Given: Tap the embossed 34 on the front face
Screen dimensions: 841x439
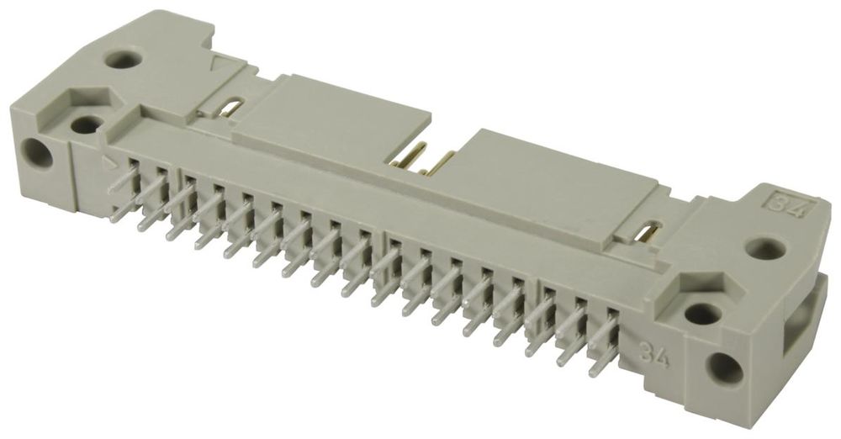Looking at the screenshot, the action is pyautogui.click(x=653, y=355).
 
